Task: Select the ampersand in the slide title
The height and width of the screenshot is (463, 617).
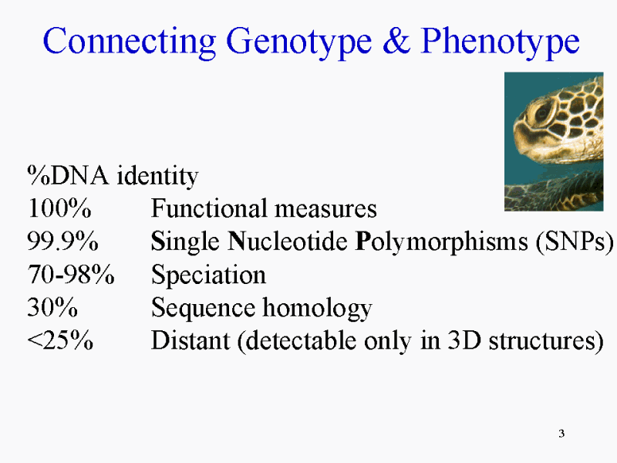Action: (x=396, y=41)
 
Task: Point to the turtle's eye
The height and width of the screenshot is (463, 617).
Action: (x=543, y=113)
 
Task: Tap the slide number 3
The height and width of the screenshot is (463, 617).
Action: (x=561, y=434)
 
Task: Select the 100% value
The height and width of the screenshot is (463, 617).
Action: (x=59, y=208)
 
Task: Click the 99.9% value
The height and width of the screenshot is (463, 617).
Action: (x=62, y=241)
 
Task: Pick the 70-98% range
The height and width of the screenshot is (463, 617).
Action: (x=71, y=274)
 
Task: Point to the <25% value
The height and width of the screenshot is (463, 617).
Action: (x=60, y=340)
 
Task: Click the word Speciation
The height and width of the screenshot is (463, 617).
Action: (x=208, y=274)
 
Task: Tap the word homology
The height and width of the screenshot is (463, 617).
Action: (x=317, y=308)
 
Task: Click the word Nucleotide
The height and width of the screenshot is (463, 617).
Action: (x=288, y=241)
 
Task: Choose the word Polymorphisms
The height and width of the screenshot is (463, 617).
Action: (x=441, y=242)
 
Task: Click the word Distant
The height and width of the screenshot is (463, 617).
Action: (x=190, y=340)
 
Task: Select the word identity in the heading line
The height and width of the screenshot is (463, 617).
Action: (x=158, y=176)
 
